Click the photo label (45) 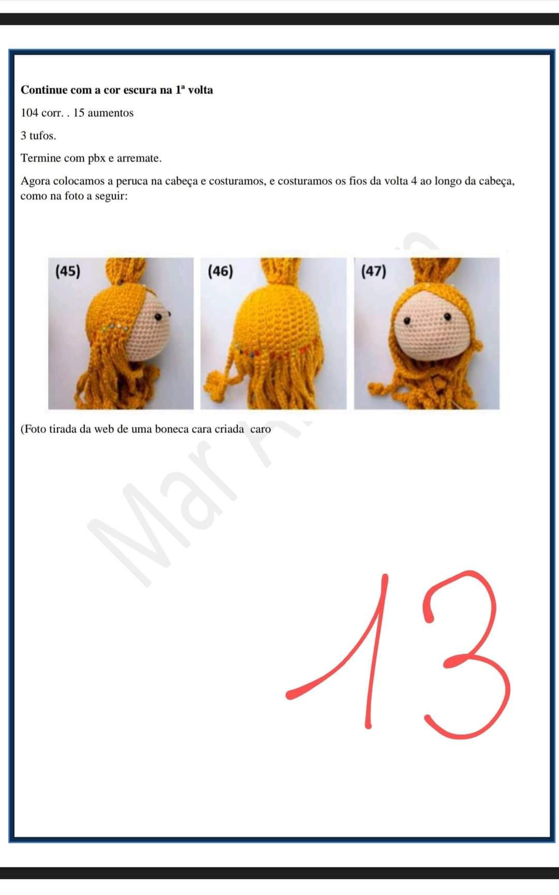click(68, 271)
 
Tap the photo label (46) click(220, 271)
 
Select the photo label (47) click(374, 271)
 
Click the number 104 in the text click(29, 113)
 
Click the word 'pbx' click(96, 158)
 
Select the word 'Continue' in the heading click(44, 90)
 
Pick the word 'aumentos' click(110, 113)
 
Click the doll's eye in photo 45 click(167, 314)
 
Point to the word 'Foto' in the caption click(35, 429)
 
